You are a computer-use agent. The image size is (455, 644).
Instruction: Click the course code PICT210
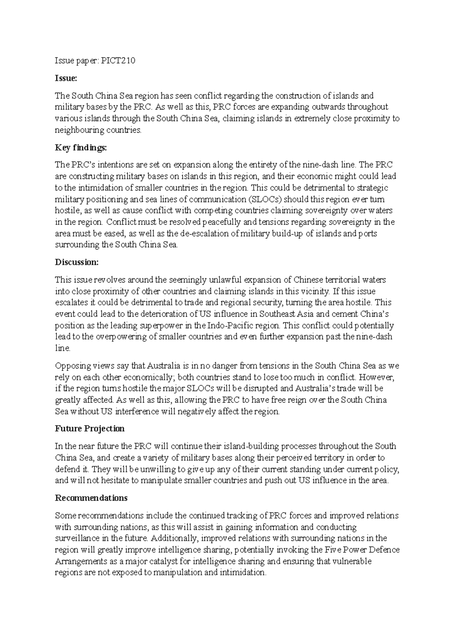(x=118, y=61)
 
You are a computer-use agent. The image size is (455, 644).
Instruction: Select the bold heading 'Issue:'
(x=66, y=78)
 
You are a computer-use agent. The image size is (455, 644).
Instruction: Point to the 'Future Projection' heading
(x=90, y=429)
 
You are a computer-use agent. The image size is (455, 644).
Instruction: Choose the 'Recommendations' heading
(x=91, y=498)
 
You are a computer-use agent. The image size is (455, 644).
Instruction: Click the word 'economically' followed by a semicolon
(x=152, y=377)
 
